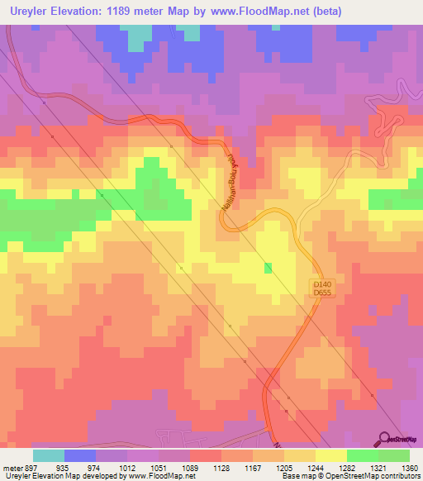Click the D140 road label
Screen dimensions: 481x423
pyautogui.click(x=321, y=284)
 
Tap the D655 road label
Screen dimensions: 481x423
pyautogui.click(x=321, y=294)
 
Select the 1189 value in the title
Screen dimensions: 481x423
pyautogui.click(x=119, y=11)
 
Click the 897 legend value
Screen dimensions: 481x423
pyautogui.click(x=31, y=467)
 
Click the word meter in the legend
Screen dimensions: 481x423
pyautogui.click(x=11, y=467)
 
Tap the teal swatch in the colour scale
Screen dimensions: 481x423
pyautogui.click(x=49, y=455)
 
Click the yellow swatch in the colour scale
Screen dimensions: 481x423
pyautogui.click(x=331, y=455)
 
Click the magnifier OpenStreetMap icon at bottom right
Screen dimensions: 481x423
pyautogui.click(x=384, y=439)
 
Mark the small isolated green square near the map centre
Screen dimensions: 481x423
pyautogui.click(x=268, y=268)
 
